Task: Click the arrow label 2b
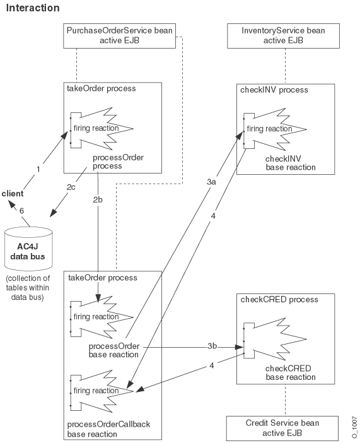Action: (99, 199)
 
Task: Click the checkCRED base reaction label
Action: (291, 372)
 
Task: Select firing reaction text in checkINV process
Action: (270, 129)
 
